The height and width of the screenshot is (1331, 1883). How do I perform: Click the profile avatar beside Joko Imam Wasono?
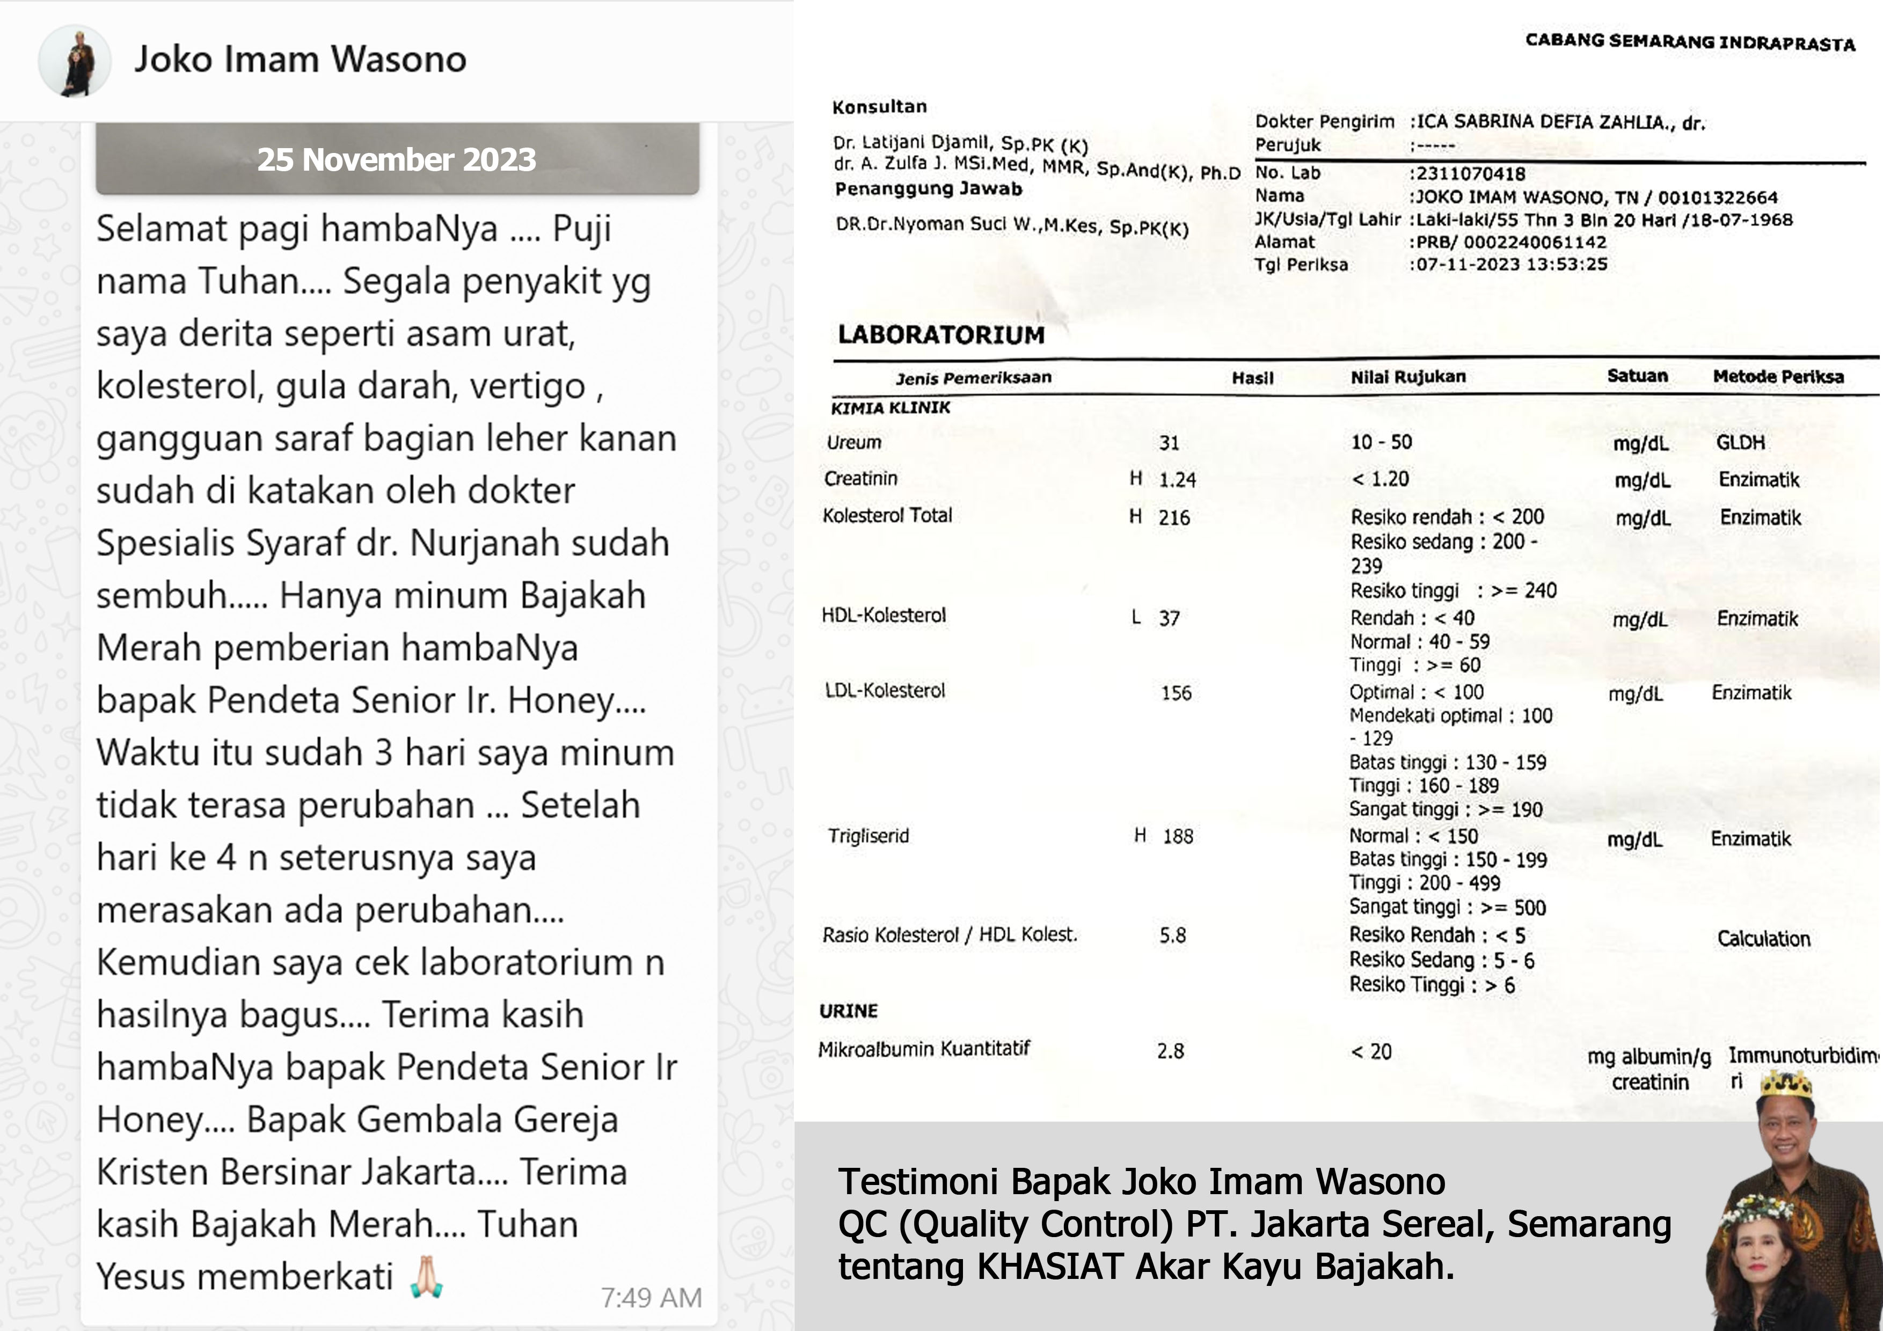click(75, 61)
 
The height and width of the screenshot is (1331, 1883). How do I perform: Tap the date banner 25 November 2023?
click(396, 159)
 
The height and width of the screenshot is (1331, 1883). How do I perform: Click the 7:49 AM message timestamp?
click(651, 1297)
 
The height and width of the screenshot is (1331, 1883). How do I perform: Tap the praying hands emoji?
click(426, 1277)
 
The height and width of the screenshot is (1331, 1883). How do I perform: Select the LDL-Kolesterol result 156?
click(1176, 693)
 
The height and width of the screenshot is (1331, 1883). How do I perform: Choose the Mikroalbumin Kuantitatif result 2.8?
click(1170, 1051)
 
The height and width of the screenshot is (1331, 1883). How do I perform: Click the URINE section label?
click(848, 1011)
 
